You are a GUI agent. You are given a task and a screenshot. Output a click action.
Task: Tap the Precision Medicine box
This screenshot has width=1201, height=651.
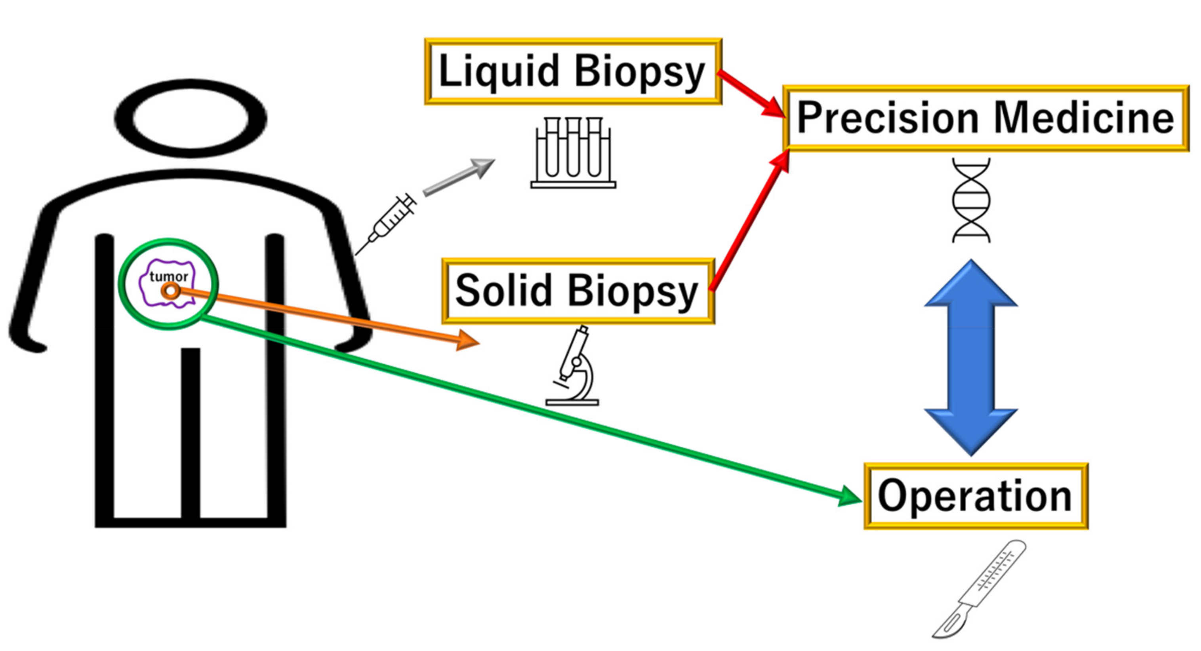[985, 118]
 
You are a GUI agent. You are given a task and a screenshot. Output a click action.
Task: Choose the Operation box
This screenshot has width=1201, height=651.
[975, 496]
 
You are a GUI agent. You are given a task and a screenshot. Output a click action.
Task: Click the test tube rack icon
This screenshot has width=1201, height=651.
[573, 153]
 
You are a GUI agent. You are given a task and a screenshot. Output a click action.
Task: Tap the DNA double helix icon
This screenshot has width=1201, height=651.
[971, 200]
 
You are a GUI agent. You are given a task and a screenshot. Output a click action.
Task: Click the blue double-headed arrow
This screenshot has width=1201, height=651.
[971, 358]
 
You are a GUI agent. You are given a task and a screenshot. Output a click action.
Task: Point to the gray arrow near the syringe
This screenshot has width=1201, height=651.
[459, 177]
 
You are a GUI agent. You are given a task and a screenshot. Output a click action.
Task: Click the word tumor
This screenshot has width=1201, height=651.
[169, 276]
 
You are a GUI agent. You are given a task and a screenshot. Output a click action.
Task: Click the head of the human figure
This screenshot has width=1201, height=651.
[190, 118]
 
